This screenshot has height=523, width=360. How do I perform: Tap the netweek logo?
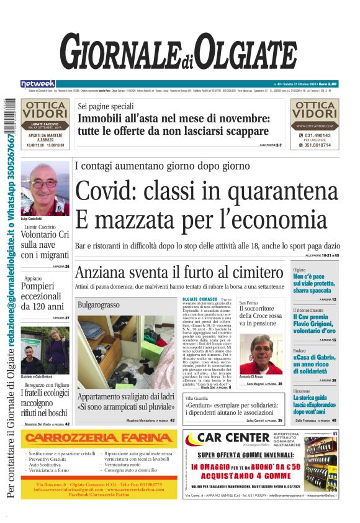click(x=37, y=83)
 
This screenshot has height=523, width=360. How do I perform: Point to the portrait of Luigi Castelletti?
click(x=45, y=188)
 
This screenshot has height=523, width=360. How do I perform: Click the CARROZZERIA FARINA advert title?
click(x=99, y=439)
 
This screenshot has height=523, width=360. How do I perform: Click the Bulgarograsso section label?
click(x=98, y=305)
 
